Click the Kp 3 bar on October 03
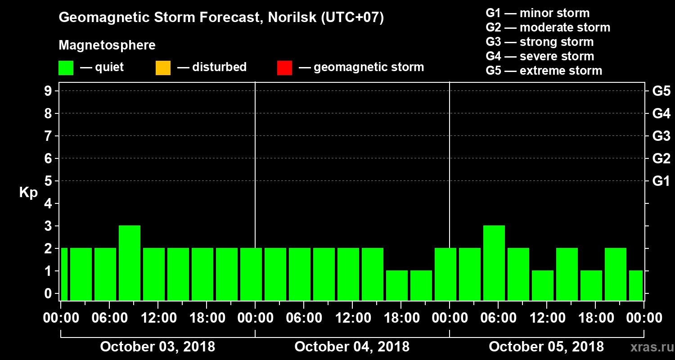(130, 263)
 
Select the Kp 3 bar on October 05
(494, 263)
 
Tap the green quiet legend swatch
(66, 68)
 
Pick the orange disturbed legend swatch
(163, 68)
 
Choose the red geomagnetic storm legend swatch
(284, 68)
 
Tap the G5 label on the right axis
(661, 91)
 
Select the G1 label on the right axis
(661, 181)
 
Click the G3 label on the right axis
(661, 136)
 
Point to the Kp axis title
(28, 193)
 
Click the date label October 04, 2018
(352, 347)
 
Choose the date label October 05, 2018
(546, 347)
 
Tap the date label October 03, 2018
(157, 347)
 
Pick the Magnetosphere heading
(107, 45)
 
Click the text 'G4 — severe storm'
(540, 56)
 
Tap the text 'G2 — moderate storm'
(548, 27)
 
